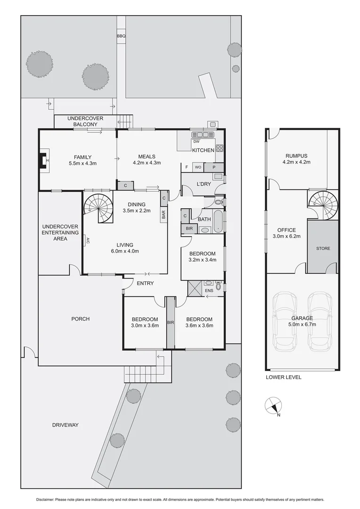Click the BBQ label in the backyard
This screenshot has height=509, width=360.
121,36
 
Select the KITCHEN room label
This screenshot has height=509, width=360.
203,150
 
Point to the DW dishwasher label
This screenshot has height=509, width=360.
196,141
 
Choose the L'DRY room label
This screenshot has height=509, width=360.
204,184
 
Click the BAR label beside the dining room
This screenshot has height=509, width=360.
164,214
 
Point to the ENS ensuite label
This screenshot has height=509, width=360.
209,291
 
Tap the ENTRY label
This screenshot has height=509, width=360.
145,283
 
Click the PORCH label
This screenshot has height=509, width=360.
80,319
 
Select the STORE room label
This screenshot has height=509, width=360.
323,248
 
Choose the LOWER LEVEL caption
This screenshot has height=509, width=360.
283,377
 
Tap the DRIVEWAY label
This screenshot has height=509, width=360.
65,425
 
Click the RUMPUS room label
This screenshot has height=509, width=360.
296,156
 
